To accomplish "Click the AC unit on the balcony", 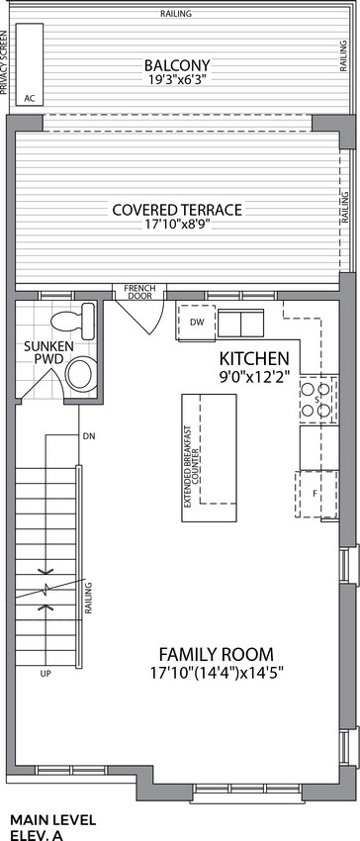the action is (30, 64).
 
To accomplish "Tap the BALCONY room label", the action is (177, 66).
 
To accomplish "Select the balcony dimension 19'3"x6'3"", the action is (177, 80).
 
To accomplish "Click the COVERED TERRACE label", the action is (177, 210).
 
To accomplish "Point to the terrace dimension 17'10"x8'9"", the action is (178, 225).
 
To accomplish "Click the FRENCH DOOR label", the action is (138, 292).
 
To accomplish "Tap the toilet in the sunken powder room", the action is (73, 320).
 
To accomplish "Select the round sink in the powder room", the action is (80, 374).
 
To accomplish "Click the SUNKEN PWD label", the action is (41, 352).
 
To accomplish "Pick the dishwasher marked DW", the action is (197, 322).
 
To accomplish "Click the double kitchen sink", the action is (241, 323).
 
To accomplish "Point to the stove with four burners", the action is (317, 400).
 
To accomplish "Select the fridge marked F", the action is (316, 494).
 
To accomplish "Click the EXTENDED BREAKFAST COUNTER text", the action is (192, 467).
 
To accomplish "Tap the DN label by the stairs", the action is (89, 436).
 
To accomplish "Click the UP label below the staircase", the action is (45, 673).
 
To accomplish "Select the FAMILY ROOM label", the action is (217, 655).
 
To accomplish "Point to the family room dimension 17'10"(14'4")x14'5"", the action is (217, 672).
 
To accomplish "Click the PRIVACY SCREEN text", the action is (4, 62).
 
